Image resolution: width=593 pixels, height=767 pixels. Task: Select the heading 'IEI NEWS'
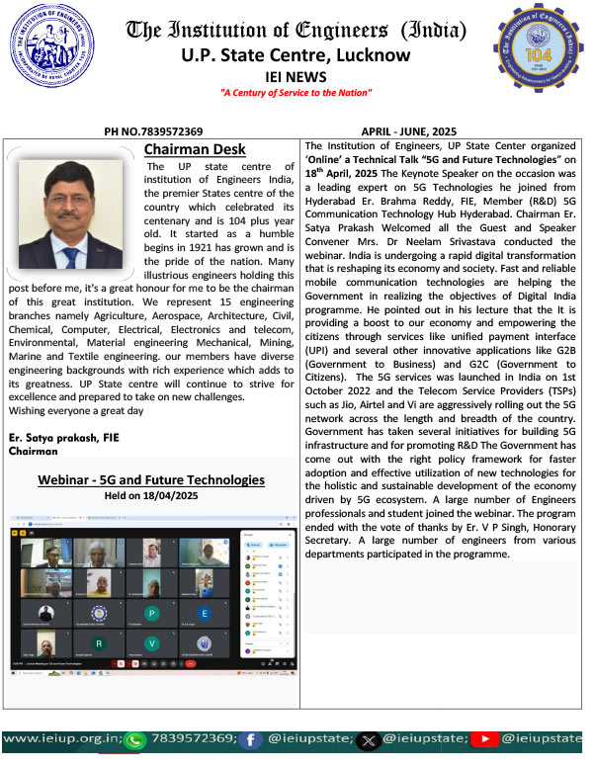(296, 75)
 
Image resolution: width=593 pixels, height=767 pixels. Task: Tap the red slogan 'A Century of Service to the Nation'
(296, 93)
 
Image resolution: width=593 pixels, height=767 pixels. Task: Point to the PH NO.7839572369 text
(153, 130)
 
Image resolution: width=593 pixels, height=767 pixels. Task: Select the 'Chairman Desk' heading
(189, 149)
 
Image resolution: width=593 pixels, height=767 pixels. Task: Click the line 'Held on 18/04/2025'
(151, 497)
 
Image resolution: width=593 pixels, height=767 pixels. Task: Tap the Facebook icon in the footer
(255, 738)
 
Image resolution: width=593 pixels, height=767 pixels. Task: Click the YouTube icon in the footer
(485, 738)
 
